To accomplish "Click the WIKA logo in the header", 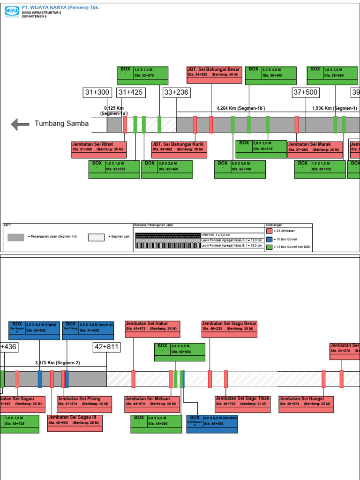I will coord(11,10).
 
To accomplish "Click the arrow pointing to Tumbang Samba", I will coord(20,124).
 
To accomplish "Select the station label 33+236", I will coord(176,93).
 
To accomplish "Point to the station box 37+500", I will coord(305,93).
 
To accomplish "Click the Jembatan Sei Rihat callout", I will coord(99,147).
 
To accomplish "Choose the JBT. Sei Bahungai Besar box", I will coord(214,72).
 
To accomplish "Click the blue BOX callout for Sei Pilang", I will coord(88,330).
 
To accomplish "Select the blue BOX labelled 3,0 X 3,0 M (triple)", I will coord(34,330).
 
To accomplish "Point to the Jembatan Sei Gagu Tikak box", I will coord(242,404).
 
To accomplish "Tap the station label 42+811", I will coord(106,347).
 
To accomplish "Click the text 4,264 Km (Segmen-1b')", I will coord(240,108).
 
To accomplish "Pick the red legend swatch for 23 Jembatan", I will coord(269,231).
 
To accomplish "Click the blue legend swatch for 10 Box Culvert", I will coord(269,239).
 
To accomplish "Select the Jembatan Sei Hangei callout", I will coord(306,404).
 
